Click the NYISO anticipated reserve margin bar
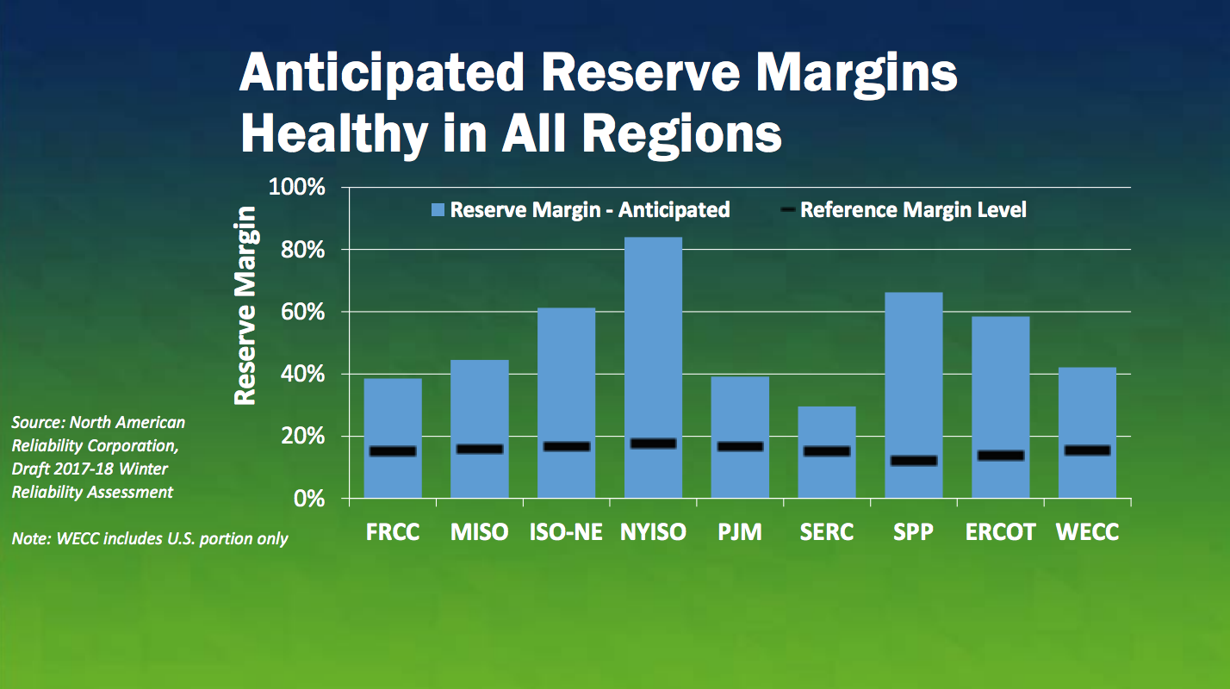pos(653,367)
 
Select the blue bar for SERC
pos(826,452)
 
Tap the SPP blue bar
pos(914,395)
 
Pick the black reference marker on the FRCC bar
pos(393,451)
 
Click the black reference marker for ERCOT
pos(1001,455)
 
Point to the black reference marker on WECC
pos(1087,450)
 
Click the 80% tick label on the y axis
pos(302,251)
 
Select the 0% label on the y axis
pos(309,499)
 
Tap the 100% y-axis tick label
pos(296,187)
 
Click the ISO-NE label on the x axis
pos(566,532)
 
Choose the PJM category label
pos(740,532)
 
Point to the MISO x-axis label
pos(480,532)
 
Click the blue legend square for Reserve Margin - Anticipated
pos(438,210)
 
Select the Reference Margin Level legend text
pos(913,210)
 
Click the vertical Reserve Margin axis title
pos(245,306)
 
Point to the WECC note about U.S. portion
pos(150,538)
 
